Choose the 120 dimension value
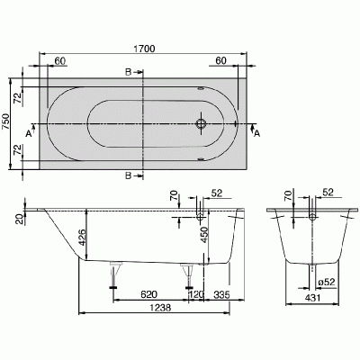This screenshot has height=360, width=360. coord(195,293)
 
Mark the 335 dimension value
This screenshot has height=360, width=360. coord(221,293)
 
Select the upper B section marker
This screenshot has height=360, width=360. coord(130,71)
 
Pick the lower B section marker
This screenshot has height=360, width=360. coord(130,175)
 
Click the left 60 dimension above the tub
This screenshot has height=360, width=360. coord(59,61)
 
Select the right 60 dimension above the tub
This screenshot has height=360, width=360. coord(220,61)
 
